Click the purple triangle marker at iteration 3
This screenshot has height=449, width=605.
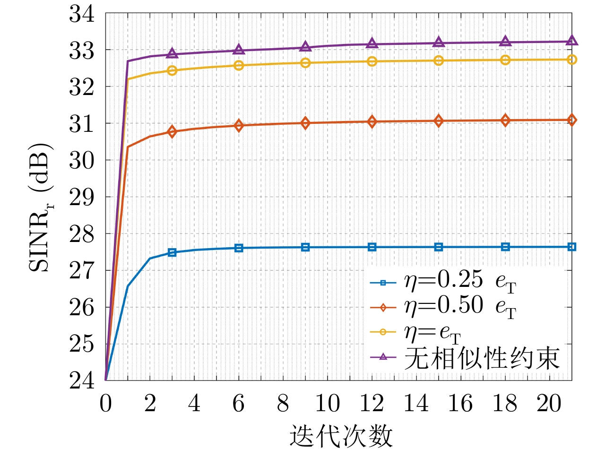click(x=172, y=53)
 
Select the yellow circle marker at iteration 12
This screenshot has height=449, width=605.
click(x=372, y=61)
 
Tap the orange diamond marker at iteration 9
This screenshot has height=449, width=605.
click(x=305, y=123)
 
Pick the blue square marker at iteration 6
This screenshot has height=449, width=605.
click(x=239, y=248)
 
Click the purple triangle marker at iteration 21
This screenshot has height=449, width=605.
click(x=572, y=41)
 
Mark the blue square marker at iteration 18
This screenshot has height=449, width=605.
click(x=505, y=247)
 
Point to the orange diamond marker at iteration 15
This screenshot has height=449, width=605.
click(x=439, y=121)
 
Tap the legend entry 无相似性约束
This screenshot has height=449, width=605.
click(x=481, y=358)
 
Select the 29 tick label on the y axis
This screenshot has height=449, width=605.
click(x=84, y=197)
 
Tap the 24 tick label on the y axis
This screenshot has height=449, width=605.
click(x=84, y=380)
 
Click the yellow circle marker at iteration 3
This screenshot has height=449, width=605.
click(x=172, y=70)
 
